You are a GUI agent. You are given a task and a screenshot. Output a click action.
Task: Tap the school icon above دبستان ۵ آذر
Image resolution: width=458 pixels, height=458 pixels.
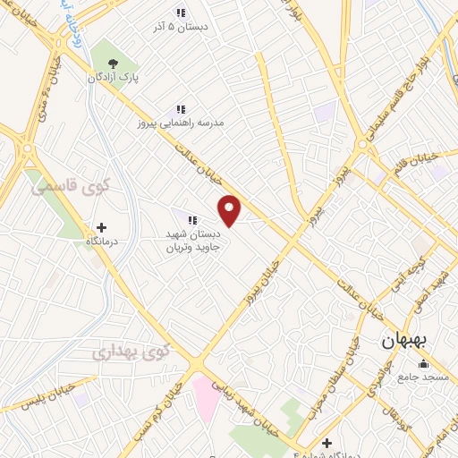180,13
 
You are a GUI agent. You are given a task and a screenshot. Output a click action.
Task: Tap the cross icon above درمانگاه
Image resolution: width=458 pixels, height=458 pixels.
100,227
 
